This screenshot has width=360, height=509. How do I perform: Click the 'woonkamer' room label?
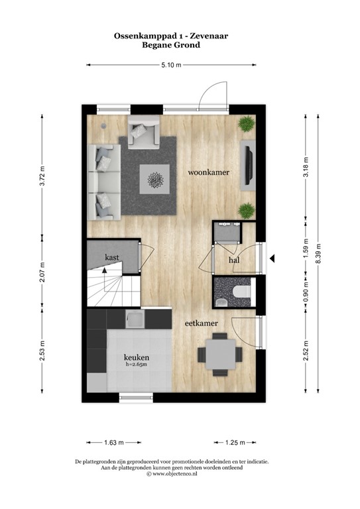(x=208, y=172)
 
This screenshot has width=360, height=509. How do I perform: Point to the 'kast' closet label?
(x=111, y=256)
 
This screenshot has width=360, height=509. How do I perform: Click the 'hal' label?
(x=233, y=260)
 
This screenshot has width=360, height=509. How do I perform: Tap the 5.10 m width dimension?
(x=170, y=65)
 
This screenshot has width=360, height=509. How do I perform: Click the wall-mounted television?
(x=248, y=165)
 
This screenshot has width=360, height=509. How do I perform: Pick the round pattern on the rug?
(x=157, y=179)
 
